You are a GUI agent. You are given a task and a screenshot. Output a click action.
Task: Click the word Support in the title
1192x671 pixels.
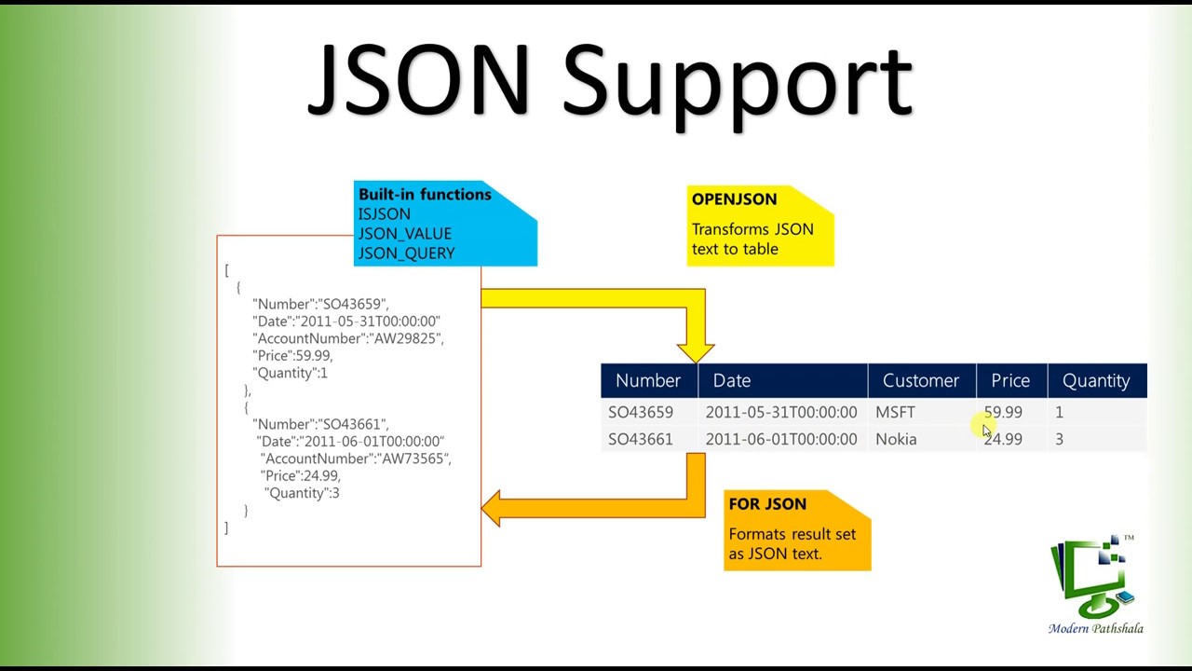[x=738, y=84]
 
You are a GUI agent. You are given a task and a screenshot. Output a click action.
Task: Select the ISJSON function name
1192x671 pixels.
[x=384, y=214]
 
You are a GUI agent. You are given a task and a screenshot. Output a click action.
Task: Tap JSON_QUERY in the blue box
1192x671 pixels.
[x=406, y=253]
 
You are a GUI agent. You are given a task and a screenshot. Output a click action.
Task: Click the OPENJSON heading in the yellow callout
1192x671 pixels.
[x=734, y=199]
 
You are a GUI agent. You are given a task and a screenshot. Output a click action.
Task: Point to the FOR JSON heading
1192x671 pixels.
[x=767, y=504]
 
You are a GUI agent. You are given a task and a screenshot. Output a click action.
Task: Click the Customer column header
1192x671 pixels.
[x=920, y=380]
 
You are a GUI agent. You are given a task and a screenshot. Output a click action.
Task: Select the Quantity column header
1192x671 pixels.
[x=1095, y=380]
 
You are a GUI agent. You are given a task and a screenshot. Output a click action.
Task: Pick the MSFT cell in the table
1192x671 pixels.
[x=895, y=412]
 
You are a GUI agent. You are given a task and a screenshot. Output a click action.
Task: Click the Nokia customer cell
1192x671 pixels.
[x=896, y=439]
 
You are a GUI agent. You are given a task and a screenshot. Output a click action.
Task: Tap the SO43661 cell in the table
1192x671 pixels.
[x=640, y=439]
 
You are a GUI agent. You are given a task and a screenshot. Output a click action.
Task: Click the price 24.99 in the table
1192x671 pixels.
[x=1003, y=439]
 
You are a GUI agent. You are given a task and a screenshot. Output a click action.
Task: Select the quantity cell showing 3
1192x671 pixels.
[x=1059, y=439]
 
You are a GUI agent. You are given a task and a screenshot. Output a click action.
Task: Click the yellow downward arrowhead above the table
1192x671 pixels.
[x=696, y=351]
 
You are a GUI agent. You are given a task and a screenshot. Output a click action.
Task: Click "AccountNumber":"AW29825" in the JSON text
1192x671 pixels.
[x=347, y=338]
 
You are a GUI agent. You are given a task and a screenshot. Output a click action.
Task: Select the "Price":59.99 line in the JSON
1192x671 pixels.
[x=291, y=356]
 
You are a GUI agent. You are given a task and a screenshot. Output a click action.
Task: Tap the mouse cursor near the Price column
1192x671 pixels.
[x=987, y=429]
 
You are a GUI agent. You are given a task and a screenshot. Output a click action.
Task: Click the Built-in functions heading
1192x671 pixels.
[x=424, y=195]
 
